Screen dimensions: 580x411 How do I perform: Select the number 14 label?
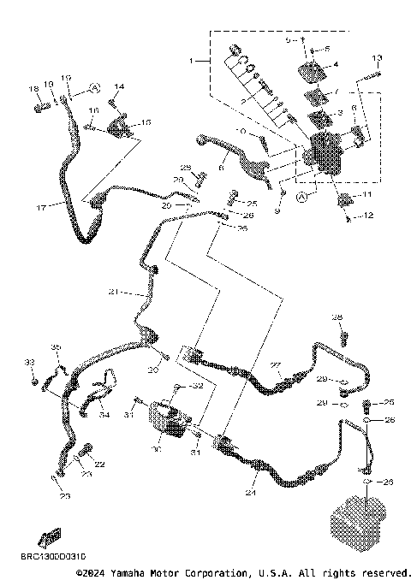pos(119,87)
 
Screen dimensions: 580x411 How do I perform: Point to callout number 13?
pos(376,57)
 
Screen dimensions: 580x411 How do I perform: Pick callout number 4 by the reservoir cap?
pos(336,64)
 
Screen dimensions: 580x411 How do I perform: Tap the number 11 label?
pos(367,196)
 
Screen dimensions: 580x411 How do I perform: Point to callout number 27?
pos(276,365)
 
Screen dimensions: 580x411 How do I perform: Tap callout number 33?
pos(29,363)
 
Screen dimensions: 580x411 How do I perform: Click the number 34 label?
pos(104,416)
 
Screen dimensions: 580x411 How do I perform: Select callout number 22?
pos(99,464)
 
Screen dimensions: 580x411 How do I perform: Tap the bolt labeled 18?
pos(39,108)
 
